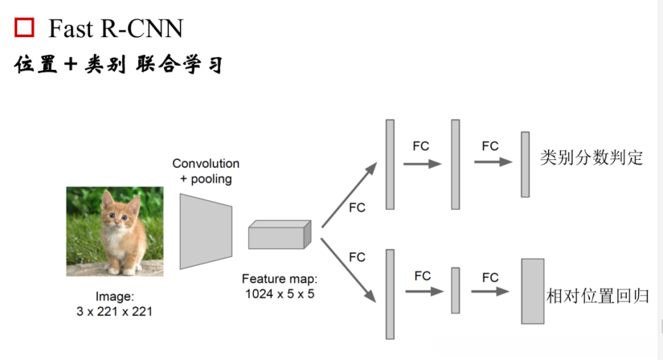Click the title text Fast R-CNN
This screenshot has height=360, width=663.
116,29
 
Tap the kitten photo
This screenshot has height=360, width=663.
114,231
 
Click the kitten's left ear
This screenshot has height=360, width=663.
106,198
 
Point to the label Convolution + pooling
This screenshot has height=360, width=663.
206,171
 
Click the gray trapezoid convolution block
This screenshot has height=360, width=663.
205,231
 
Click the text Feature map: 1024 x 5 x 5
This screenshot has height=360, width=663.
280,286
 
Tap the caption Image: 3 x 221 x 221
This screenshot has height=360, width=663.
113,303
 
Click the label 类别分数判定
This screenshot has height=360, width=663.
591,157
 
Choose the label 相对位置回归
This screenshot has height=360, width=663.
596,295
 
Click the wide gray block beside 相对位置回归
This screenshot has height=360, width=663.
532,290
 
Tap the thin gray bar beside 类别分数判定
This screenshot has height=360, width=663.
525,164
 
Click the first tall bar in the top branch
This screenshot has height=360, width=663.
390,164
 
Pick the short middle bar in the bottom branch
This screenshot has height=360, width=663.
455,290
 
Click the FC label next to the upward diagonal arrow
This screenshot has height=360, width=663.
357,207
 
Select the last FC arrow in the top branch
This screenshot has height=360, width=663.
493,162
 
